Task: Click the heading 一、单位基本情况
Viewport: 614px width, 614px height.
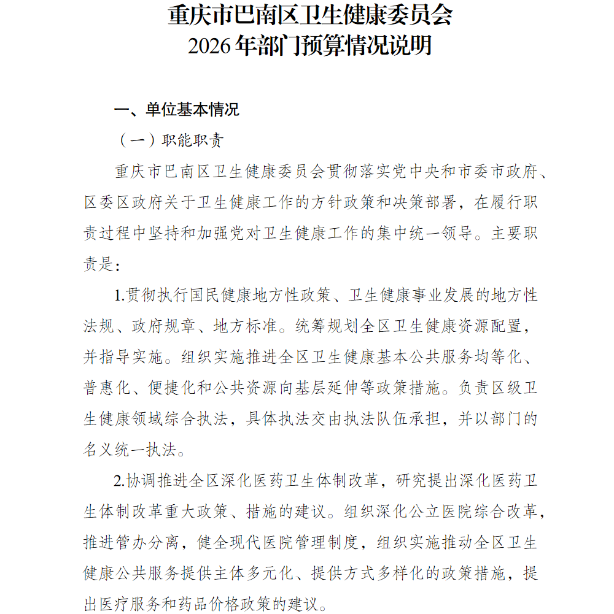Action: pos(177,110)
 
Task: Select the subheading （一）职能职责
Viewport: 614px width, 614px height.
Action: pos(171,140)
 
